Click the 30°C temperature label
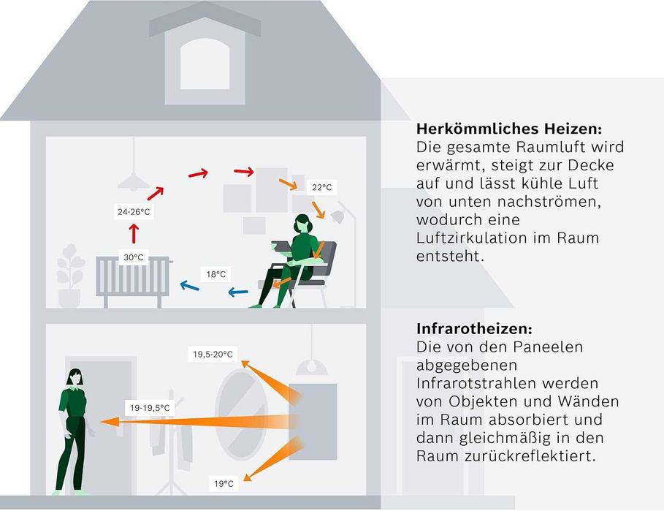133,257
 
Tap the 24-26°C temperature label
134,212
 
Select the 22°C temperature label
321,187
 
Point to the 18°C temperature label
215,274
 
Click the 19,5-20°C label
213,355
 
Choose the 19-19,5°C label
149,408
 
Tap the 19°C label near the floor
224,483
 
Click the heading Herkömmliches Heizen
509,129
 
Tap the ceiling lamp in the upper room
133,179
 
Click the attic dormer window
205,64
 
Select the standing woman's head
74,378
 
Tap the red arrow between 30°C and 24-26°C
134,234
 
